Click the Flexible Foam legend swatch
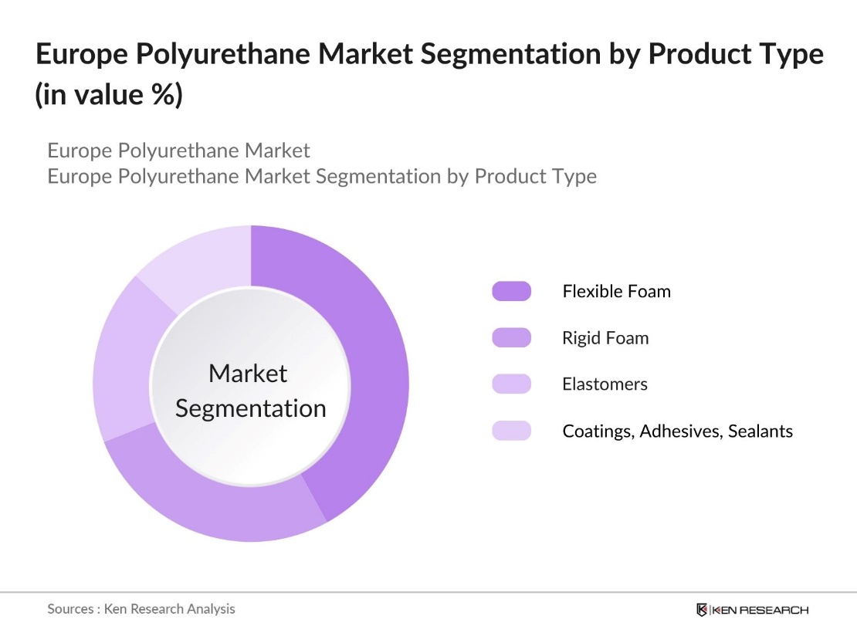pos(511,291)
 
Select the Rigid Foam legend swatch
pos(511,337)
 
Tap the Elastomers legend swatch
pos(511,384)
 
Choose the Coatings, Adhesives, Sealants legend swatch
pos(511,430)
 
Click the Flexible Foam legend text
pos(616,292)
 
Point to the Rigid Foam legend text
pos(605,338)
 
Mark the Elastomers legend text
pos(605,384)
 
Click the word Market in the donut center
pos(248,374)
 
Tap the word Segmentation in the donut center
pos(250,408)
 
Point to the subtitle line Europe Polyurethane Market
pos(178,150)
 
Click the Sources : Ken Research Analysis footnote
pos(141,609)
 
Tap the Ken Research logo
pos(752,610)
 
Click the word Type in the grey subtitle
pos(574,176)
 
